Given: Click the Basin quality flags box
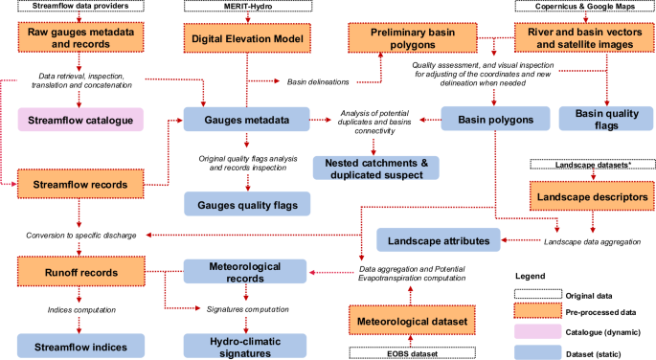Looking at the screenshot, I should pos(601,119).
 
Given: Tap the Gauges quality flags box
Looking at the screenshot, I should pos(247,203).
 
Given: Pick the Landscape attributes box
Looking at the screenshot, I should pos(439,239).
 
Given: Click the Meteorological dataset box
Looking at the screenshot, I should pos(411,320).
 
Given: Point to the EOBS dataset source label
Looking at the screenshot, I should pos(411,353).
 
